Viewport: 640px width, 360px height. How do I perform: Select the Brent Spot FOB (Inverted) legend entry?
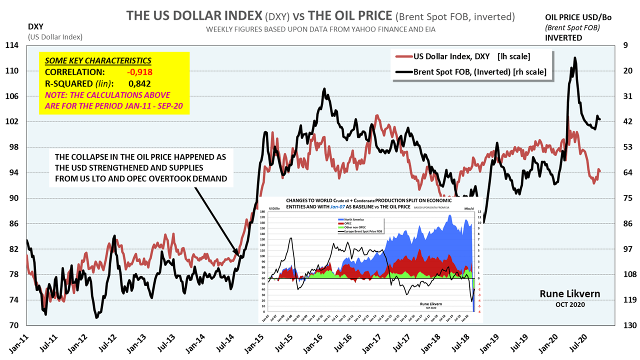coord(479,72)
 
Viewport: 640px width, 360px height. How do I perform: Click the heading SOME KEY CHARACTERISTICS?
coord(98,61)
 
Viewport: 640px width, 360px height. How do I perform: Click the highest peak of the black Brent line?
coord(574,58)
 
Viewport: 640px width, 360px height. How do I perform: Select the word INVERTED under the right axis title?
coord(563,38)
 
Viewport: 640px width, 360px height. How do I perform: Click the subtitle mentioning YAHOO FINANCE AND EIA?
coord(320,29)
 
